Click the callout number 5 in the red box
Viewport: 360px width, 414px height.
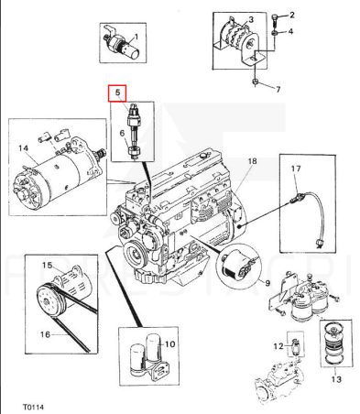[x=118, y=92]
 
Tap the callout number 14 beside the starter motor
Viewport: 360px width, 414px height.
[x=23, y=148]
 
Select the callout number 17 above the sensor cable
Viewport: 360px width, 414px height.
[x=296, y=169]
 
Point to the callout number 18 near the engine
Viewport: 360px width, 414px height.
[x=252, y=160]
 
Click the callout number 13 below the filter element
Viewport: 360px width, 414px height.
[x=336, y=379]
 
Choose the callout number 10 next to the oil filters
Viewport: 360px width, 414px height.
[x=170, y=344]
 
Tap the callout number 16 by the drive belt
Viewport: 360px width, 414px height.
[x=45, y=334]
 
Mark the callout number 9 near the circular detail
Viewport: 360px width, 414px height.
[x=267, y=283]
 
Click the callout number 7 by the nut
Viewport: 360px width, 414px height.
[x=278, y=90]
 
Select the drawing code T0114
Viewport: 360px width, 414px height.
[x=33, y=407]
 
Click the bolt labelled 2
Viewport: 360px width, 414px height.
[x=274, y=19]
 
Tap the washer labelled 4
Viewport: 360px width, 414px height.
[x=274, y=32]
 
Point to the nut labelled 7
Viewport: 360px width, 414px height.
[x=255, y=82]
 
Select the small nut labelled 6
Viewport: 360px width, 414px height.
[x=134, y=150]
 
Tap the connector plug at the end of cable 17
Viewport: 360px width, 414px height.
[x=320, y=244]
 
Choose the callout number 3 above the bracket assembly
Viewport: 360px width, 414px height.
[x=251, y=19]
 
